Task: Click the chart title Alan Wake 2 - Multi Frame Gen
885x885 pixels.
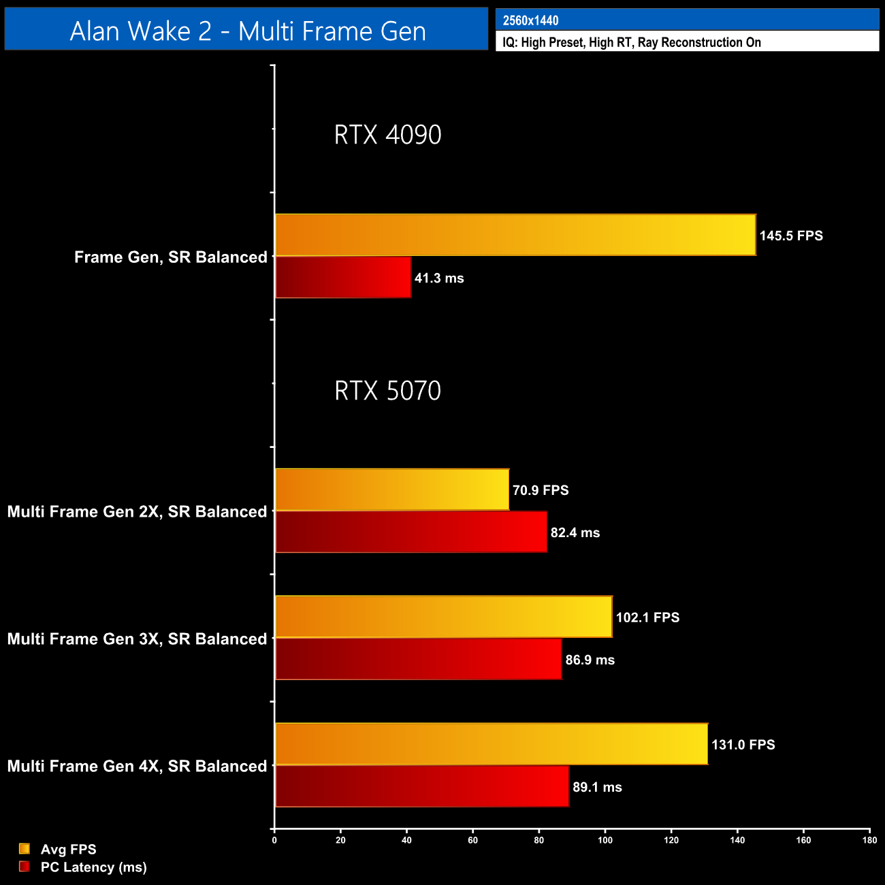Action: point(247,31)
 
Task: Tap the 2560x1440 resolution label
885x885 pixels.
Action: point(530,20)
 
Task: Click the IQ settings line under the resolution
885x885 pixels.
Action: point(631,42)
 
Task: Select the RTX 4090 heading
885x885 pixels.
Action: point(387,135)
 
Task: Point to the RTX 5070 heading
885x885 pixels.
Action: point(387,391)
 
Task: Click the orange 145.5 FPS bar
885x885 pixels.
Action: point(515,236)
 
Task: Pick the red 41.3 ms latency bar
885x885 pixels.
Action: point(343,278)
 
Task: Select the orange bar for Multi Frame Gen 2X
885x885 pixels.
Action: point(392,490)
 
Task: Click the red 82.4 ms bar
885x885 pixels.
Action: point(411,532)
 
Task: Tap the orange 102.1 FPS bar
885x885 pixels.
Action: point(443,617)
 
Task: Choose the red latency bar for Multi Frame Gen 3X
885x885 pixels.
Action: point(418,660)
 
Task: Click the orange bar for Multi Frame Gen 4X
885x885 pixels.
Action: point(491,744)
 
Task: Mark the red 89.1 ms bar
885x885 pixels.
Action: point(422,787)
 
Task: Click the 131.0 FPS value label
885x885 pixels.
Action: point(743,745)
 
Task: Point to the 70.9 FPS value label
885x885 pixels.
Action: point(541,490)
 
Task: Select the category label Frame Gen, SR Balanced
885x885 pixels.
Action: point(170,257)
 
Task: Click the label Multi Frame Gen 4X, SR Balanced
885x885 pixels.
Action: point(137,767)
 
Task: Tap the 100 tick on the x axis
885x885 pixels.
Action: point(605,840)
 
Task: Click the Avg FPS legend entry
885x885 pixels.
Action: point(68,850)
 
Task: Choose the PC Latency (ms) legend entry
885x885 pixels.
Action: point(93,867)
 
